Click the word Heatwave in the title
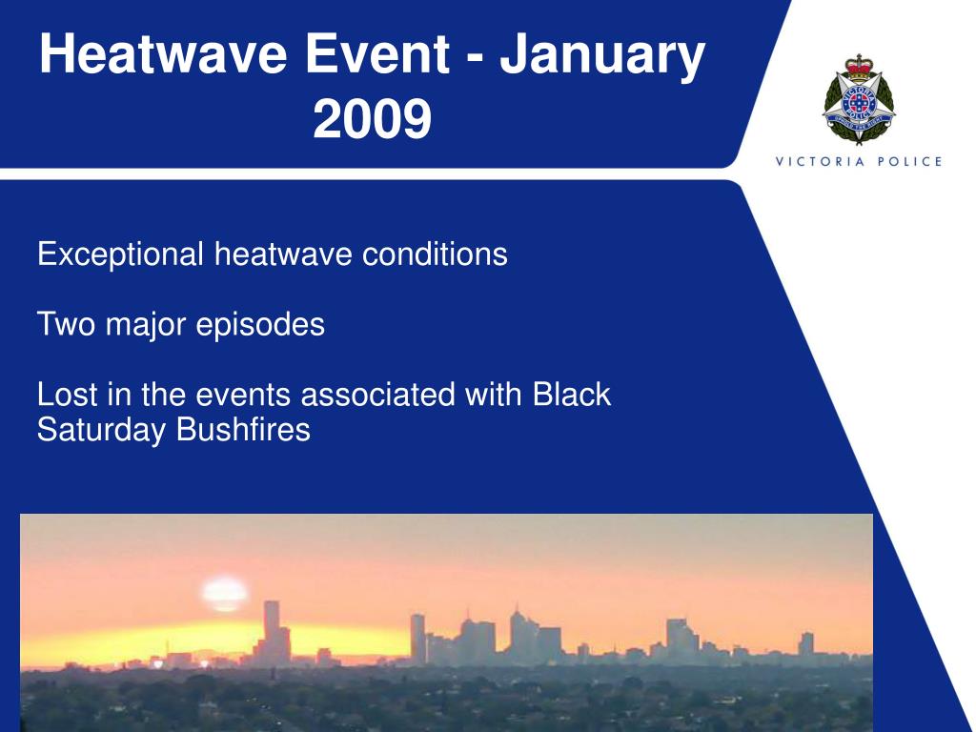[164, 53]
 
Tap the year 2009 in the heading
[373, 119]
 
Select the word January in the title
[602, 57]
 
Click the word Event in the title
[377, 53]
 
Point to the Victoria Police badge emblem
[859, 99]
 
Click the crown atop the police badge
[859, 68]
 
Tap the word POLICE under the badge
[910, 162]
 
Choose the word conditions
[435, 254]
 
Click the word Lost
[68, 395]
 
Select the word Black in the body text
[572, 395]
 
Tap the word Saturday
[101, 431]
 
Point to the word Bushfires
[243, 430]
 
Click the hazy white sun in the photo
[224, 595]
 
